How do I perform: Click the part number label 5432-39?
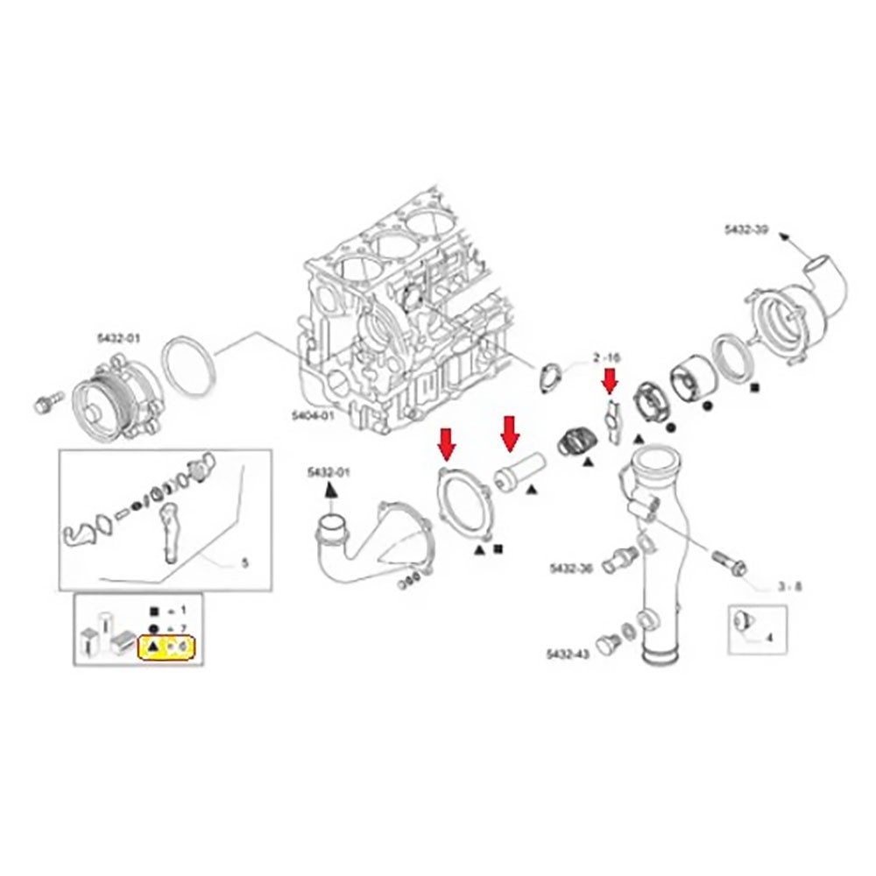[x=746, y=230]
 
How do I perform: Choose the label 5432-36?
[x=571, y=569]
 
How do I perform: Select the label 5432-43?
[x=569, y=653]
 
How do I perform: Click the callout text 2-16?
[x=606, y=357]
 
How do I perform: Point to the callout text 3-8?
[x=790, y=587]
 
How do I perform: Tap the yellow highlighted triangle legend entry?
[x=166, y=648]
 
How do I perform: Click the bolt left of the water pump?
[x=44, y=405]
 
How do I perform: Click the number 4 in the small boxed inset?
[x=769, y=638]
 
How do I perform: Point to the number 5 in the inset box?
[x=244, y=564]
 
